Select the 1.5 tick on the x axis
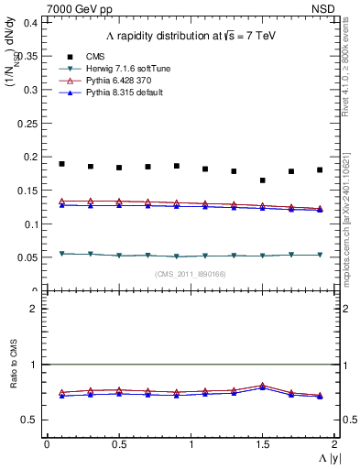click(x=262, y=443)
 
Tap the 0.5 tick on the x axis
click(x=118, y=443)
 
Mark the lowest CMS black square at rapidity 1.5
click(x=263, y=180)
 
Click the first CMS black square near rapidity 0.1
click(x=61, y=164)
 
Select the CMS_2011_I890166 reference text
click(x=191, y=275)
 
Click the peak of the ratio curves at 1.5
click(x=263, y=386)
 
